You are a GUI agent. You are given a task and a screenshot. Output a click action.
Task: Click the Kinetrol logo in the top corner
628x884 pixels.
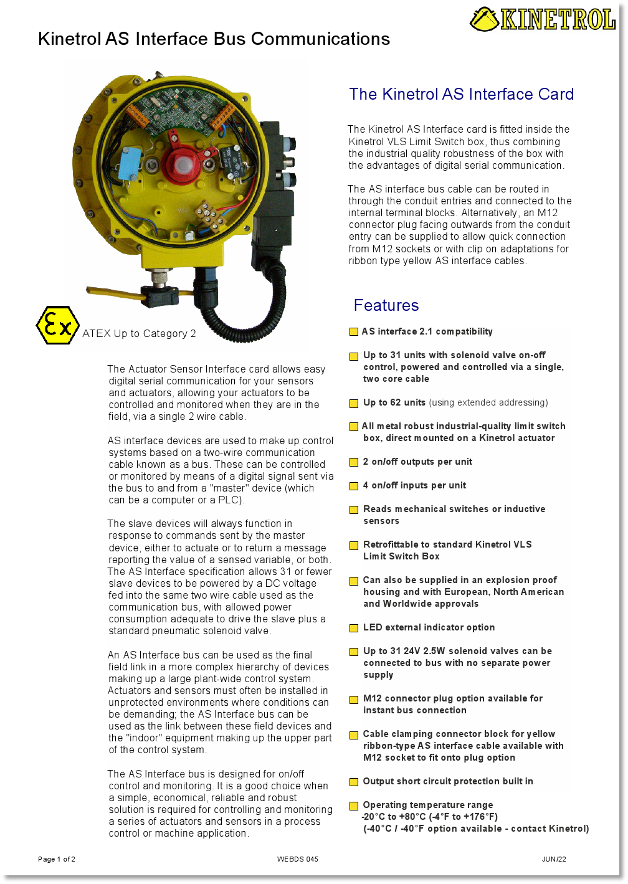pos(543,19)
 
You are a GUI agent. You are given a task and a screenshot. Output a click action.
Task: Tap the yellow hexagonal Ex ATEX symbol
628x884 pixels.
pos(57,325)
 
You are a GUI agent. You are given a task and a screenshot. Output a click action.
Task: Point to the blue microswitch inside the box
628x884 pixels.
pos(131,161)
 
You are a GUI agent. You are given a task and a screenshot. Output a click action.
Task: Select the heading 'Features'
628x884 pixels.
pos(386,305)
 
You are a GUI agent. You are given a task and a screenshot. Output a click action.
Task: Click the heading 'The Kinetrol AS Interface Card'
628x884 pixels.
pos(461,94)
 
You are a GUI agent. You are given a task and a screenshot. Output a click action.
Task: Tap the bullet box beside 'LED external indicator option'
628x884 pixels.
pos(354,628)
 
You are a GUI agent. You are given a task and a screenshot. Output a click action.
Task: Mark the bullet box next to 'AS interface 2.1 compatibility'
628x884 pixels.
pos(354,332)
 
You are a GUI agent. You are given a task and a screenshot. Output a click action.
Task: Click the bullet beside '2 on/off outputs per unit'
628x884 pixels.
pos(354,462)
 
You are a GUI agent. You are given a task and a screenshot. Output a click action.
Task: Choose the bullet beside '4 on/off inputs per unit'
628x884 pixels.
pos(354,486)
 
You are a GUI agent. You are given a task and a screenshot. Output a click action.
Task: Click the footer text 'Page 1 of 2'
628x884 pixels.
pos(57,859)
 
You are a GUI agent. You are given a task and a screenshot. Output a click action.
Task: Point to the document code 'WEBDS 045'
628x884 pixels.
pos(298,859)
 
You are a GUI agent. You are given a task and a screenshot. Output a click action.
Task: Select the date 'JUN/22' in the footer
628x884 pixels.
pos(554,859)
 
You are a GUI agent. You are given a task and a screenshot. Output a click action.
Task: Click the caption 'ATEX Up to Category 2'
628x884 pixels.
pos(139,333)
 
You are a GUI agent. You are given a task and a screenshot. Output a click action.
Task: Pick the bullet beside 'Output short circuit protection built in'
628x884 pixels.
pos(354,782)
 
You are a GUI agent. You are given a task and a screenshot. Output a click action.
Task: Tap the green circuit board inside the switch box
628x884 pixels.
pos(181,109)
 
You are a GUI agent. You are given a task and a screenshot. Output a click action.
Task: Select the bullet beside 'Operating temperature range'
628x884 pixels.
pos(354,806)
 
